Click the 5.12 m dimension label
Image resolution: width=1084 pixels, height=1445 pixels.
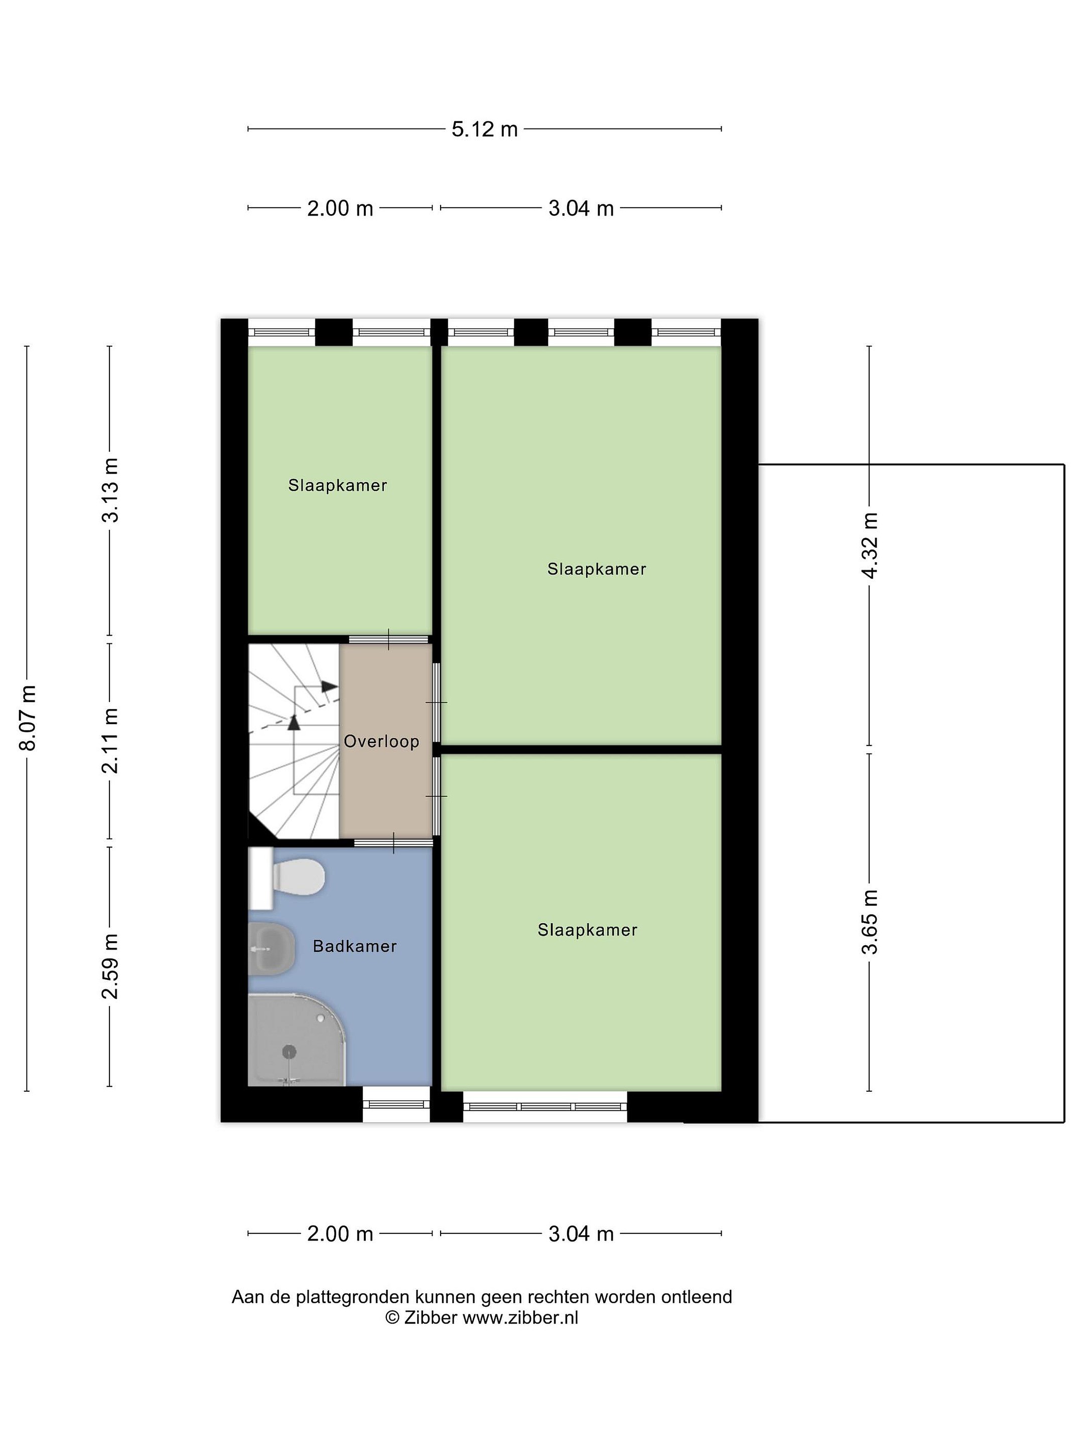click(x=484, y=129)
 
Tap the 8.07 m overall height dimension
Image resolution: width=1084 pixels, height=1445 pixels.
click(x=28, y=718)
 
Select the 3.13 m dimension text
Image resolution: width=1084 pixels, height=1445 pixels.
click(x=110, y=490)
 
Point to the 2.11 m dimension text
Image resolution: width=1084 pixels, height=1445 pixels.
click(x=110, y=741)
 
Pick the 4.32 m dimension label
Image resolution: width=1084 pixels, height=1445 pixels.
click(x=870, y=545)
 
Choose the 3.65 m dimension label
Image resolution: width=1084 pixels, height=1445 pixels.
click(x=870, y=922)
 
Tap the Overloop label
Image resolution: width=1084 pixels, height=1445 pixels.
click(x=381, y=742)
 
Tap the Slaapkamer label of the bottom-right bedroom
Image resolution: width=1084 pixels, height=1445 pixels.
click(x=587, y=930)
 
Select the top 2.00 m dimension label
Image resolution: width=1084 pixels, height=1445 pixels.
click(x=340, y=208)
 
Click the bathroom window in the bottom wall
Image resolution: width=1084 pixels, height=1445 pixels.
click(x=396, y=1105)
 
